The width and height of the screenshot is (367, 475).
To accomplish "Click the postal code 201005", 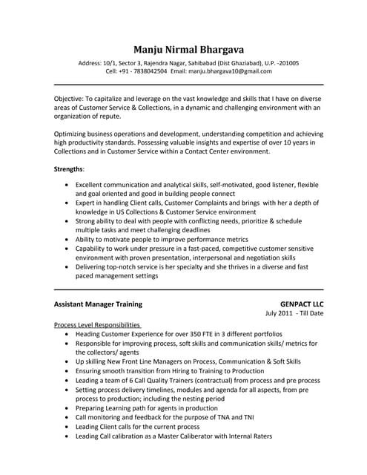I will point(286,63).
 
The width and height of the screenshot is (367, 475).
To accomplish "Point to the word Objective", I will point(70,98).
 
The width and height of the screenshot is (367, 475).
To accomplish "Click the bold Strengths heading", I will point(69,169).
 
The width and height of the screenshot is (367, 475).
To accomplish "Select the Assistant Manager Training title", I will point(99,304).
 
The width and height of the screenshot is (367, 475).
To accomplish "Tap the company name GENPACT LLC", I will point(302,304).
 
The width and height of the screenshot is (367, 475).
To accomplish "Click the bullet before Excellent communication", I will point(68,183).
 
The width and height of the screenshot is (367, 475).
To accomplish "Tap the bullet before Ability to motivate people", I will point(68,240).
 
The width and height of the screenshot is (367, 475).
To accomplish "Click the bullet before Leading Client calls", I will point(68,427).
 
